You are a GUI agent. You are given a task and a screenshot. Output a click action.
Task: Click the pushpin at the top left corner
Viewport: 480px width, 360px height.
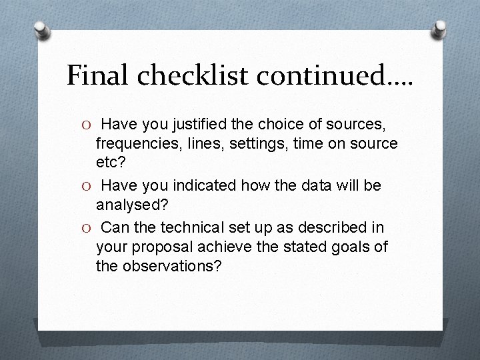[42, 29]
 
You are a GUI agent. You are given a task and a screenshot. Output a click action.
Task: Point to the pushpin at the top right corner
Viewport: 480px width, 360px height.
[439, 29]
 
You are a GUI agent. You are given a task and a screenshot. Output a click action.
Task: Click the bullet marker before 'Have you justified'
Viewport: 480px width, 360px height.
[78, 125]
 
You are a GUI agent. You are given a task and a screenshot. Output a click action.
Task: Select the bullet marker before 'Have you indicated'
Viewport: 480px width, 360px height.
[78, 186]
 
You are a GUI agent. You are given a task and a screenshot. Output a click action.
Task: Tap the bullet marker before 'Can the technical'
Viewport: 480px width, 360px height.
[78, 228]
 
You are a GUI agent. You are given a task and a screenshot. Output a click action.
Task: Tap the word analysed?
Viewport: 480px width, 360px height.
[132, 205]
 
